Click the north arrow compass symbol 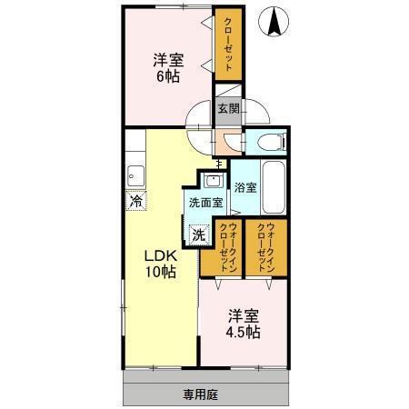tap(274, 22)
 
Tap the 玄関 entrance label tap(229, 108)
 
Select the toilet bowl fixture tap(271, 142)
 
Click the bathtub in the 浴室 tap(274, 187)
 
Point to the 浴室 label tap(245, 187)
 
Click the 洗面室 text tap(206, 203)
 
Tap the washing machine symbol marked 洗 tap(199, 234)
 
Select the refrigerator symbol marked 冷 tap(136, 200)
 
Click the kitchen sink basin tap(135, 175)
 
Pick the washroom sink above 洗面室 tap(214, 181)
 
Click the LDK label tap(160, 256)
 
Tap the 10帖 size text tap(161, 272)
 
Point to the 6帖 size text tap(168, 76)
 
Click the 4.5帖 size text tap(243, 332)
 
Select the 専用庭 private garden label tap(200, 394)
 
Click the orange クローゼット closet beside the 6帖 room tap(228, 45)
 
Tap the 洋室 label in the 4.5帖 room tap(244, 316)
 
